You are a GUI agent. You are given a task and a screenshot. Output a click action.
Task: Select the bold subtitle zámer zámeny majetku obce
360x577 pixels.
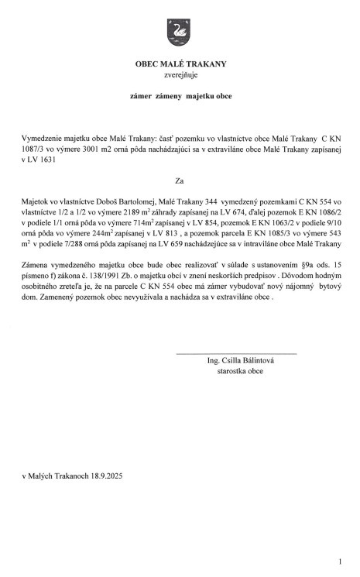180,98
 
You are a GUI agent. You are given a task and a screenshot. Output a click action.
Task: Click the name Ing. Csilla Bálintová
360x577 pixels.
241,361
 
